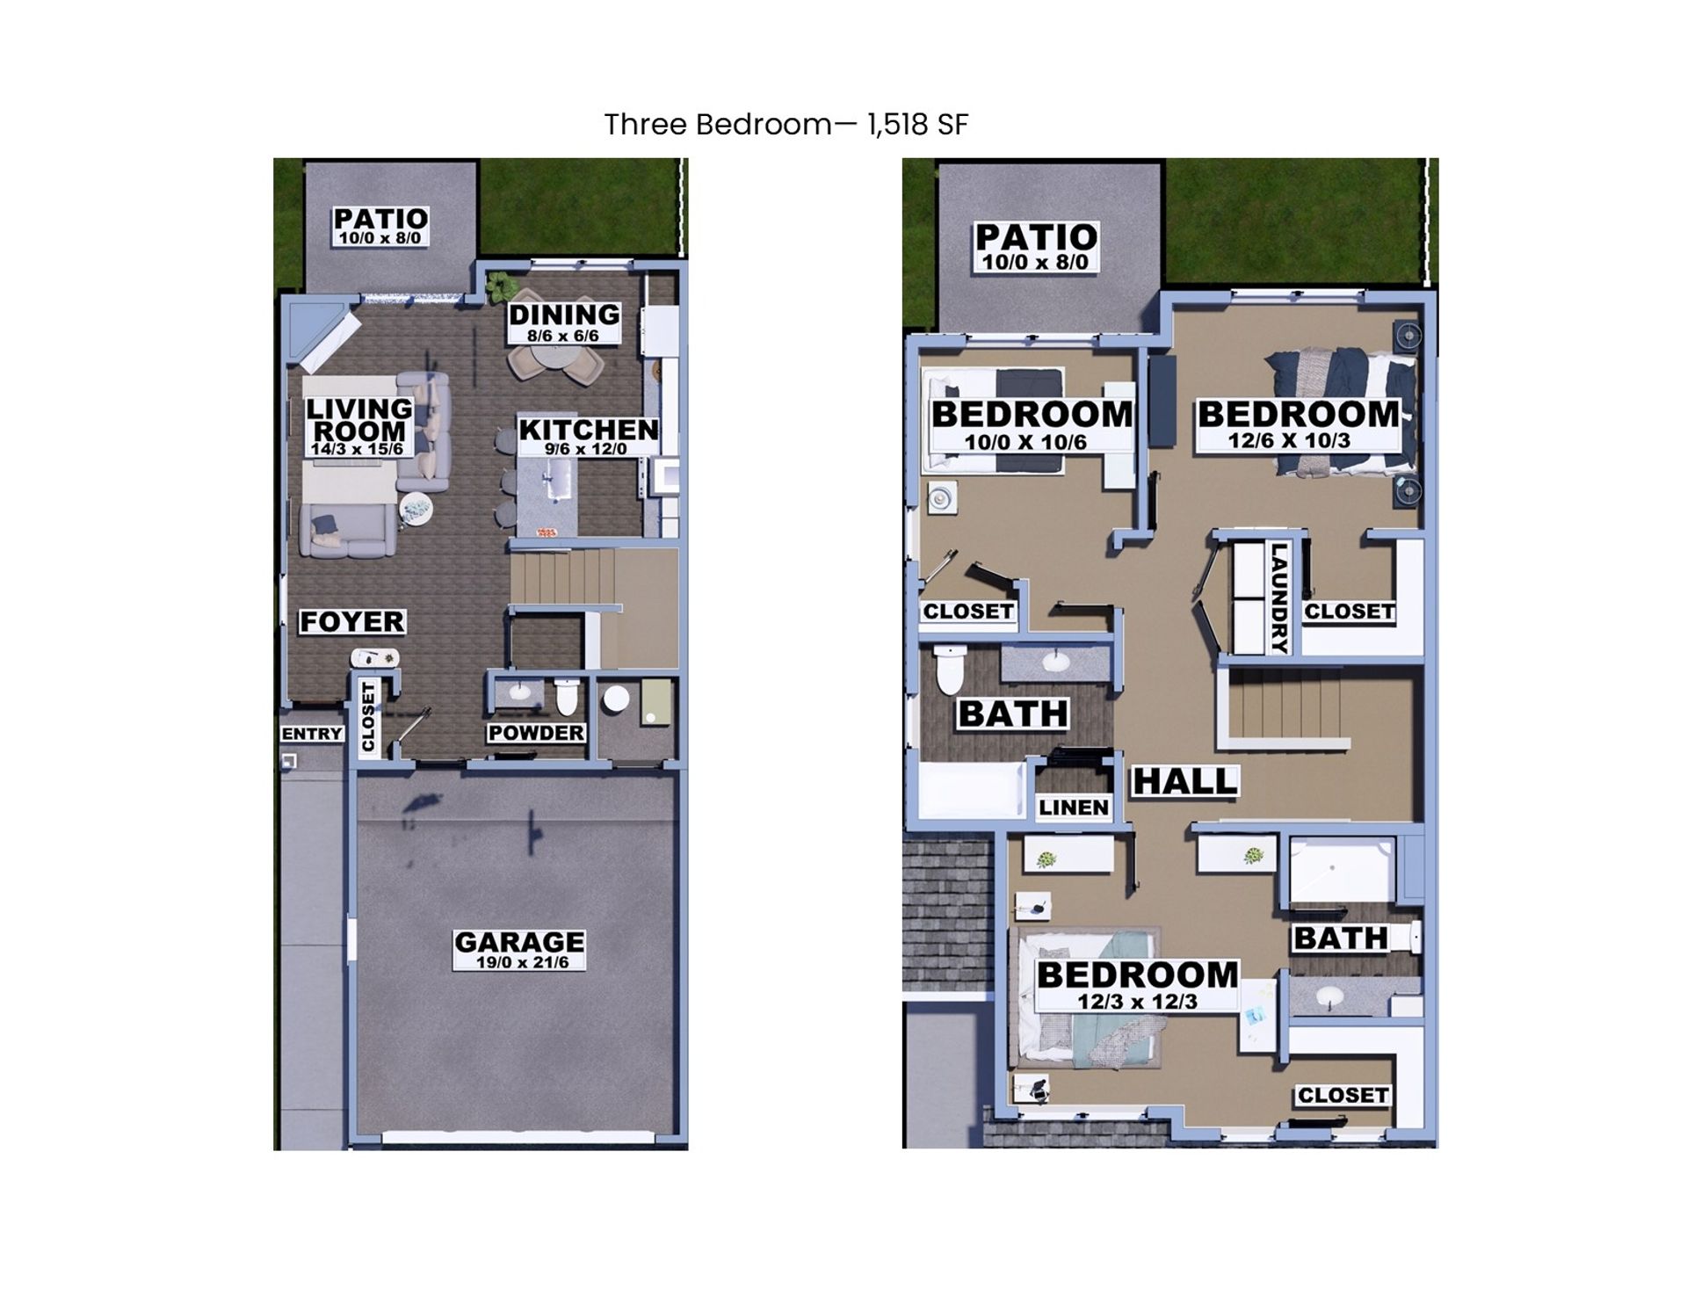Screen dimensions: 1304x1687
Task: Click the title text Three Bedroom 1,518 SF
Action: (786, 125)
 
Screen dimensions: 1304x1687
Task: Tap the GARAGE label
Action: (518, 942)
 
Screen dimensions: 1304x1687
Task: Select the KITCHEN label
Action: (588, 430)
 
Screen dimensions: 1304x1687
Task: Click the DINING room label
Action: (563, 315)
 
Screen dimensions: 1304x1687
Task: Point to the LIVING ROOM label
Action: (358, 419)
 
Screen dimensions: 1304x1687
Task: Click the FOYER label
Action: (351, 621)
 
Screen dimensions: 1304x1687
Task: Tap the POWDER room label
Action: (536, 733)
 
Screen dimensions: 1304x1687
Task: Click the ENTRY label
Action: (312, 734)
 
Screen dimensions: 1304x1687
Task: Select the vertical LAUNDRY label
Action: (1279, 598)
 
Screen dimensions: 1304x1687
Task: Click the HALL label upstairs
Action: (1184, 780)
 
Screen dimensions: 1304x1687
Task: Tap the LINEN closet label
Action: (1074, 807)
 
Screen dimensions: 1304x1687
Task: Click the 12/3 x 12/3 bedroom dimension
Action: (1137, 1002)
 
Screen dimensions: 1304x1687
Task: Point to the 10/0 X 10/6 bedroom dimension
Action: (1025, 442)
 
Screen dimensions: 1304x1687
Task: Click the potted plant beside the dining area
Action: (499, 286)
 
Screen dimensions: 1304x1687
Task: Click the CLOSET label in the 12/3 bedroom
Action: (1343, 1095)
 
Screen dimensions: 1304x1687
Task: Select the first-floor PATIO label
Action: (380, 218)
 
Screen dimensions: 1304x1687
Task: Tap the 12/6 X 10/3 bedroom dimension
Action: (1289, 440)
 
